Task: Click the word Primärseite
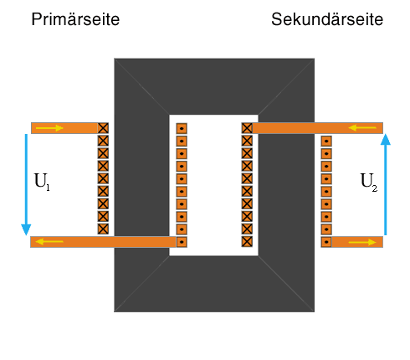click(75, 19)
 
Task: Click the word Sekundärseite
click(327, 19)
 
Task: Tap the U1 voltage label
click(42, 182)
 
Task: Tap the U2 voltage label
click(369, 182)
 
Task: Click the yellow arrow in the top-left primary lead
click(49, 128)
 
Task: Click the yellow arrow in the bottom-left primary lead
click(49, 241)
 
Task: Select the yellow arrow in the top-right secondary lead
click(362, 128)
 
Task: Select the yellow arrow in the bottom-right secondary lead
click(362, 242)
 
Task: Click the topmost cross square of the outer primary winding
click(103, 128)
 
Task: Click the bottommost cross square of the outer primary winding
click(103, 229)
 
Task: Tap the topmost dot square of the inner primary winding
click(182, 129)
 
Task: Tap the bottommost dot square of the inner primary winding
click(182, 242)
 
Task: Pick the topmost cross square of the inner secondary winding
click(247, 128)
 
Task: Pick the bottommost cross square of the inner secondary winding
click(247, 241)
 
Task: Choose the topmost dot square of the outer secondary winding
click(326, 141)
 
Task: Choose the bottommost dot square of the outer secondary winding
click(326, 242)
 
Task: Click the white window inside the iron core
click(213, 185)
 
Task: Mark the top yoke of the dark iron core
click(214, 86)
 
